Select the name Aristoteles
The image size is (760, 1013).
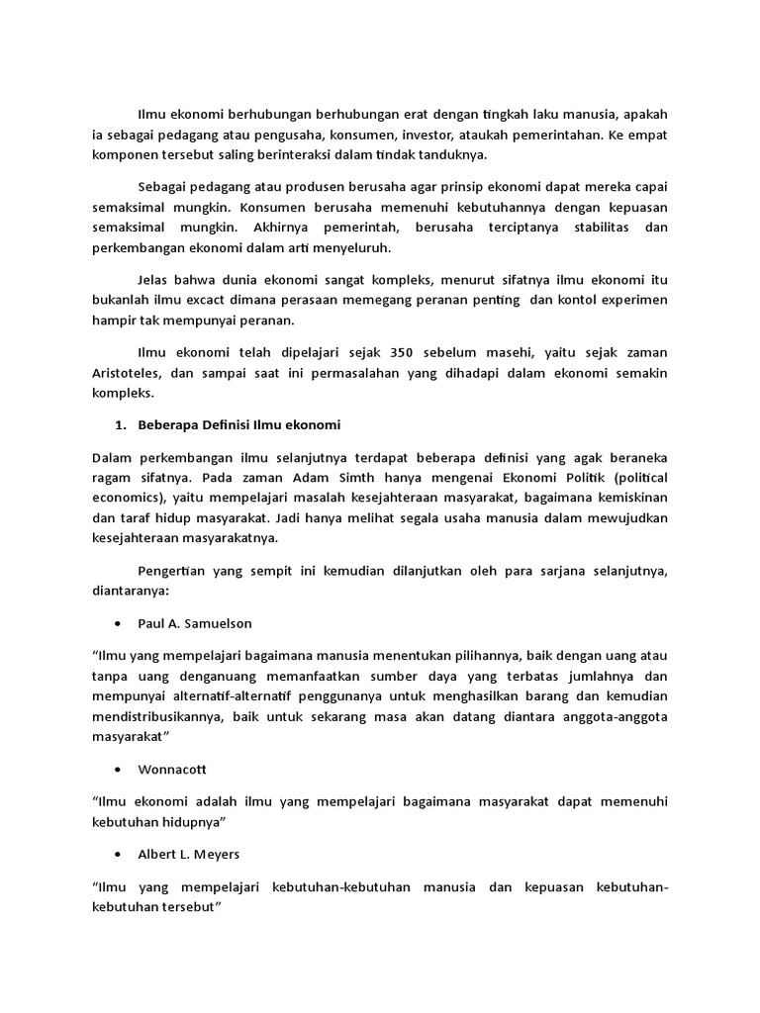click(132, 373)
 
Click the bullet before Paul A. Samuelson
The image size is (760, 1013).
click(119, 625)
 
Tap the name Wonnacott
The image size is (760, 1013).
click(173, 769)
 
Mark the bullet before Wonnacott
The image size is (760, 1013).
click(119, 769)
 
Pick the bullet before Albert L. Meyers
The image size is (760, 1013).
click(119, 854)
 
